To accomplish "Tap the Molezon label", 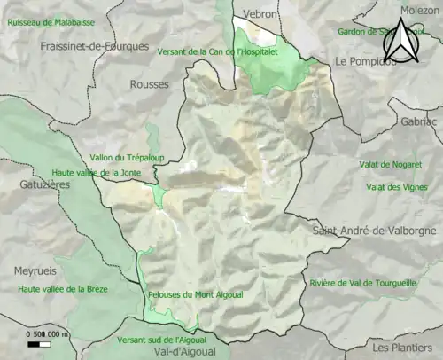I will coord(419,10).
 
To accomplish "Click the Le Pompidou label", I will coord(366,61).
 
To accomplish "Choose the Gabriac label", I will coord(419,121).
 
